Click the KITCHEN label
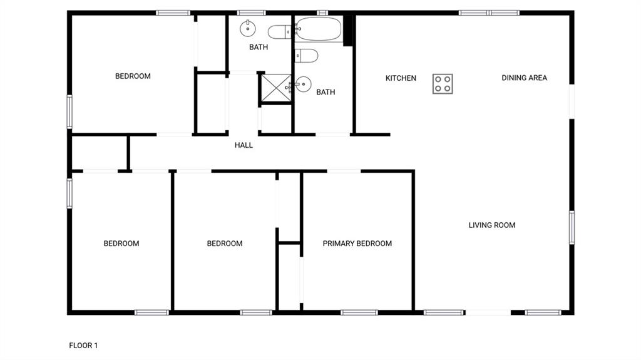coord(401,78)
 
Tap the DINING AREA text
coord(524,78)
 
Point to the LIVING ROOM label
coord(492,225)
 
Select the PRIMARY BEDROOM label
coord(357,244)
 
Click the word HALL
coord(244,145)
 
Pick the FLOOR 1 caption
coord(83,345)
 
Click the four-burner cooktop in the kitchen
coord(443,84)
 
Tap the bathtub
coord(319,29)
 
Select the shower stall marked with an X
coord(276,88)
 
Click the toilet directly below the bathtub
coord(306,55)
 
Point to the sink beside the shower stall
coord(303,85)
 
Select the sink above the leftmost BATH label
coord(248,28)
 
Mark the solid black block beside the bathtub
coord(348,31)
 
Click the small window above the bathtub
coord(322,13)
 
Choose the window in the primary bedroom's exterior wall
coord(359,312)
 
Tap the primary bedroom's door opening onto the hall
coord(344,171)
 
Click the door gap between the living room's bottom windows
coord(488,312)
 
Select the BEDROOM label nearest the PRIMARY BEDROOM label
coord(225,244)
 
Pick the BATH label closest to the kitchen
coord(326,92)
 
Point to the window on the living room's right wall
coord(572,227)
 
